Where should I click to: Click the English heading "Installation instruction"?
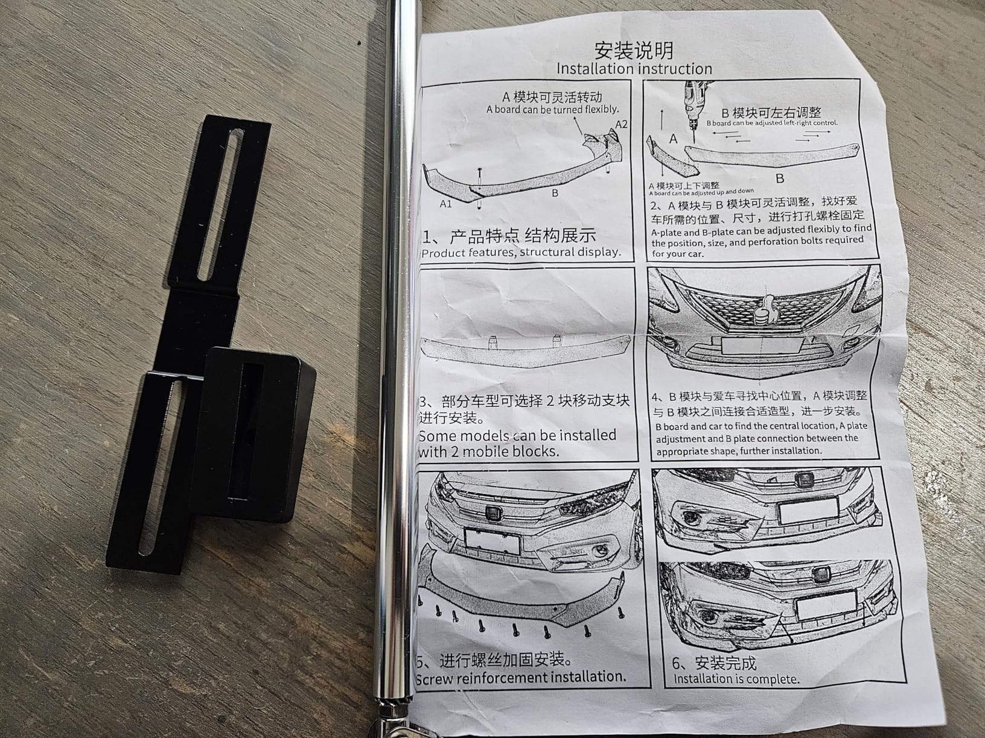634,69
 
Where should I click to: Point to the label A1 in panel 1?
445,204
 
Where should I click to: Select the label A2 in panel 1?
621,124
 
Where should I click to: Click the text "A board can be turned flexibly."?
552,110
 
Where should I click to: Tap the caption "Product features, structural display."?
521,252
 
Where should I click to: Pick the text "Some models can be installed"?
517,435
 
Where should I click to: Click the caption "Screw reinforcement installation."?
521,676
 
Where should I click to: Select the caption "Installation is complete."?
736,679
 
